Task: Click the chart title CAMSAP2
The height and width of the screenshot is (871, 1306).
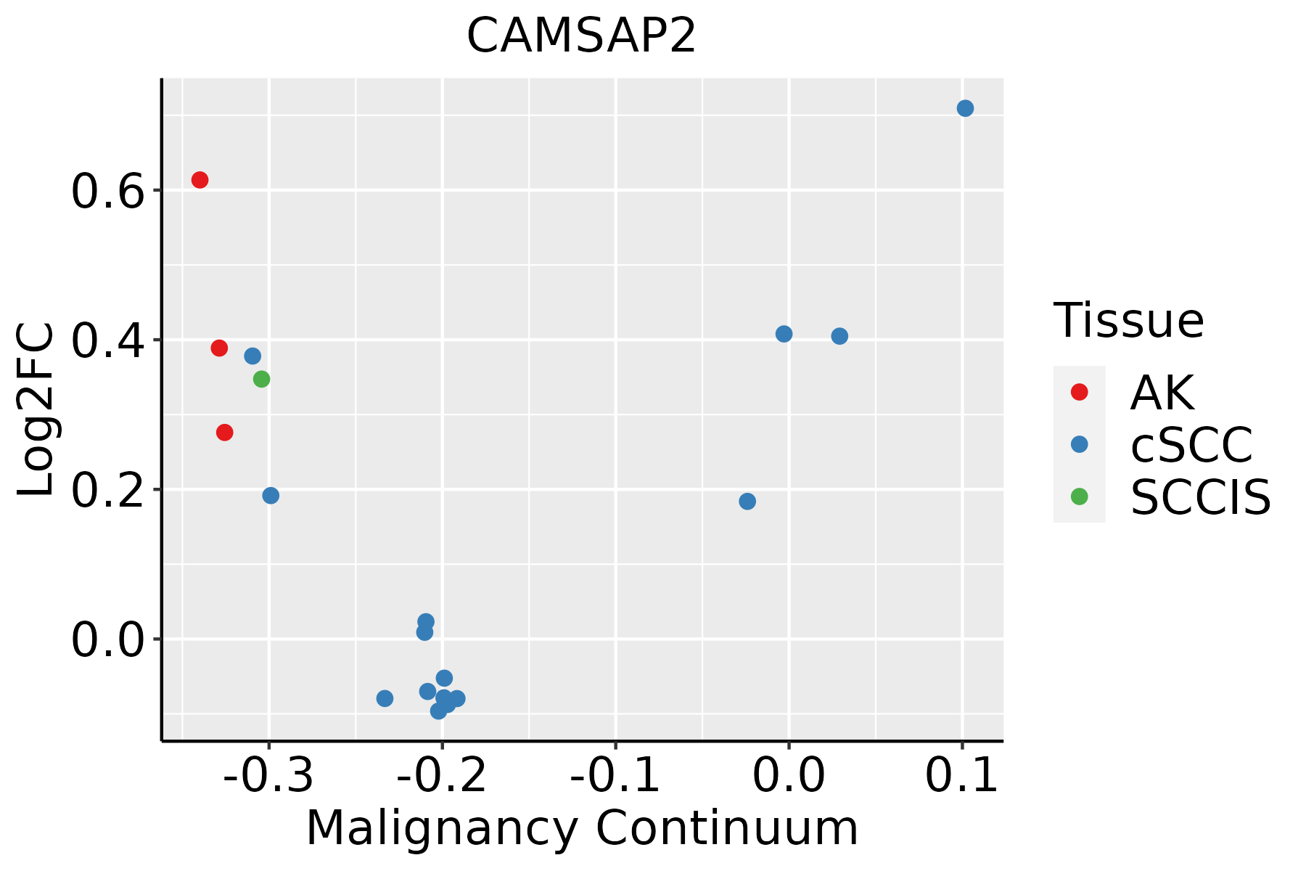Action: click(581, 36)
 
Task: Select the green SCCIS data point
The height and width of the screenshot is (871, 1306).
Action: click(262, 379)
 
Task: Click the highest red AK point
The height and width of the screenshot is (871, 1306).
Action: click(200, 180)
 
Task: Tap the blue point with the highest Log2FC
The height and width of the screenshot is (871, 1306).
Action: click(965, 109)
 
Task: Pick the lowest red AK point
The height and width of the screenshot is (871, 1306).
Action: click(225, 433)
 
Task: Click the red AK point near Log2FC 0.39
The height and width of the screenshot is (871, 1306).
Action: click(219, 348)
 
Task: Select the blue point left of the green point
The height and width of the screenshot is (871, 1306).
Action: click(252, 356)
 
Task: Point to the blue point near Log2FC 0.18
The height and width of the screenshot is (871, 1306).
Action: click(747, 502)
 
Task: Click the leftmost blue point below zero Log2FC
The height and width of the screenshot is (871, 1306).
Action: click(385, 698)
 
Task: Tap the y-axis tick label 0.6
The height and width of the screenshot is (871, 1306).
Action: click(107, 193)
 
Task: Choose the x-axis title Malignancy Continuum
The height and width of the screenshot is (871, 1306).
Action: click(582, 829)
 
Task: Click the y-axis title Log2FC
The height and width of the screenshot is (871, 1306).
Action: click(36, 409)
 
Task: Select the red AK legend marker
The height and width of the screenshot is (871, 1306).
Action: click(1080, 392)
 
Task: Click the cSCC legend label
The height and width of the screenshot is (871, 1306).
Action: click(1191, 445)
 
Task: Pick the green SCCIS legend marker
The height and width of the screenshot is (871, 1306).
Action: click(1080, 496)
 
